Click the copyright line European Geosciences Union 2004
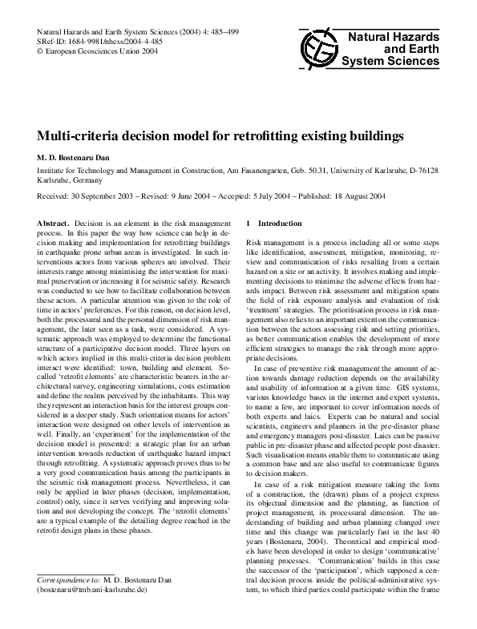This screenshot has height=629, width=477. coord(95,50)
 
